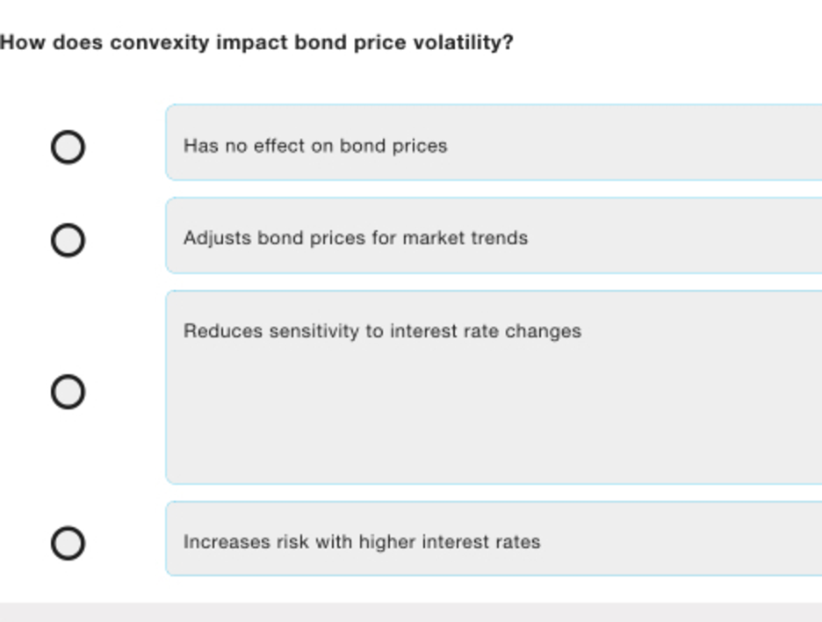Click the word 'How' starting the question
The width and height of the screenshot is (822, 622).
pyautogui.click(x=23, y=42)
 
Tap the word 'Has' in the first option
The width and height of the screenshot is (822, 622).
pyautogui.click(x=201, y=145)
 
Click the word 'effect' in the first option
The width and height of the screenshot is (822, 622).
pyautogui.click(x=279, y=145)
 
